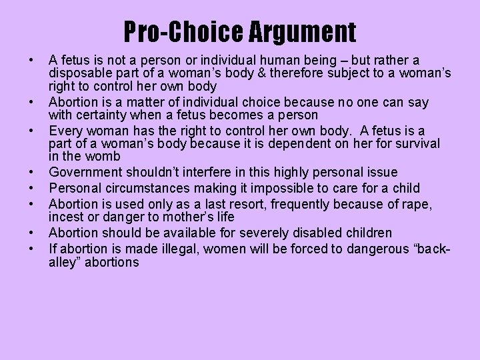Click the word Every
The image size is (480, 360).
(x=66, y=130)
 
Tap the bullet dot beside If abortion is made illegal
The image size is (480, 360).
(x=32, y=249)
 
